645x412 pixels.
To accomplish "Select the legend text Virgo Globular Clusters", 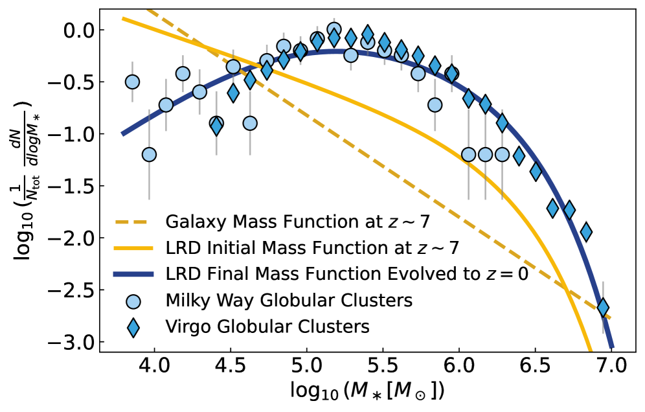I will pyautogui.click(x=267, y=326).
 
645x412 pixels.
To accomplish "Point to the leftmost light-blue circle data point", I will pyautogui.click(x=132, y=82).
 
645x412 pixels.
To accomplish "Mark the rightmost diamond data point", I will pyautogui.click(x=603, y=307).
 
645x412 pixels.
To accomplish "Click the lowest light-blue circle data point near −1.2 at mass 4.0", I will pyautogui.click(x=149, y=154).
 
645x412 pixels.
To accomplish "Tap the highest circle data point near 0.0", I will pyautogui.click(x=334, y=29).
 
